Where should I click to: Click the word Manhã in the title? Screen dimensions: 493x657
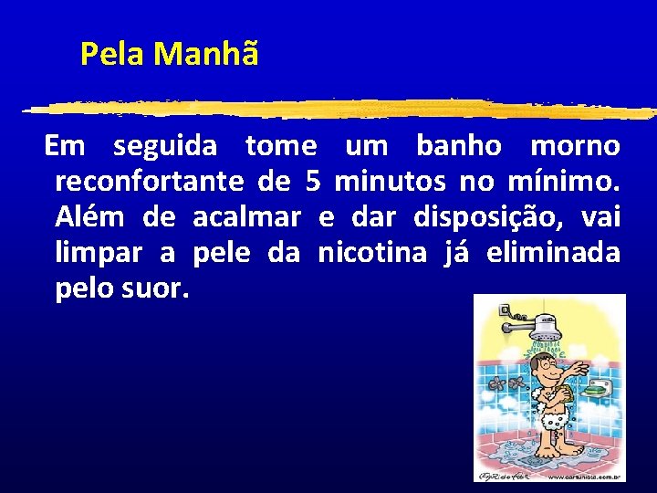(206, 55)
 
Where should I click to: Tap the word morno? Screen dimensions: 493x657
(575, 146)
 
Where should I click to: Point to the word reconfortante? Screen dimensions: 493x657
(150, 183)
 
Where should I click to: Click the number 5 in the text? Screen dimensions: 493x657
(313, 182)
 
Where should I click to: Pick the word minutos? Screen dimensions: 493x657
(391, 182)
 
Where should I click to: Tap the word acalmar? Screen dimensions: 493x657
(247, 217)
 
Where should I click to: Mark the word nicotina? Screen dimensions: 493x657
(371, 253)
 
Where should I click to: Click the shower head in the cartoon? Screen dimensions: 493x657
(547, 330)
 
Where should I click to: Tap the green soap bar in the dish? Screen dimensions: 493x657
(595, 387)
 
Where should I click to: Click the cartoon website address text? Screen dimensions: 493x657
(584, 476)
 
